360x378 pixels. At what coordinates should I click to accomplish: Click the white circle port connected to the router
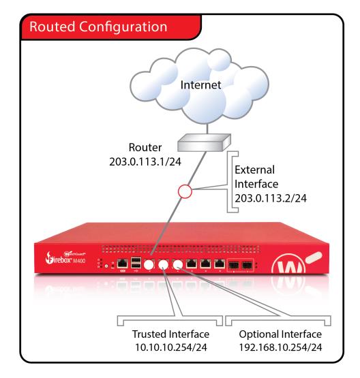tap(148, 264)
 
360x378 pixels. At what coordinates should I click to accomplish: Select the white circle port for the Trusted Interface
tap(164, 264)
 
